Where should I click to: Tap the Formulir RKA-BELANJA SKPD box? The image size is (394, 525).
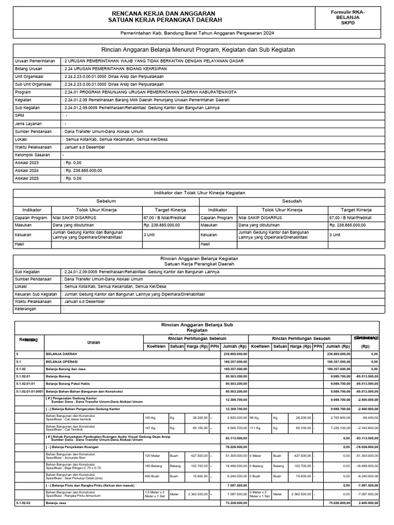(348, 17)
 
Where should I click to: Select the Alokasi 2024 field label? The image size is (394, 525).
(27, 170)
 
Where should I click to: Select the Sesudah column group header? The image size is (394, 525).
(291, 201)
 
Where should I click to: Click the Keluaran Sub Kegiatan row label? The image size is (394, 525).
(35, 294)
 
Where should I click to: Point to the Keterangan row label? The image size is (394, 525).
(27, 309)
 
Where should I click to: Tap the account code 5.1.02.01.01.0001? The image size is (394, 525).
(29, 391)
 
